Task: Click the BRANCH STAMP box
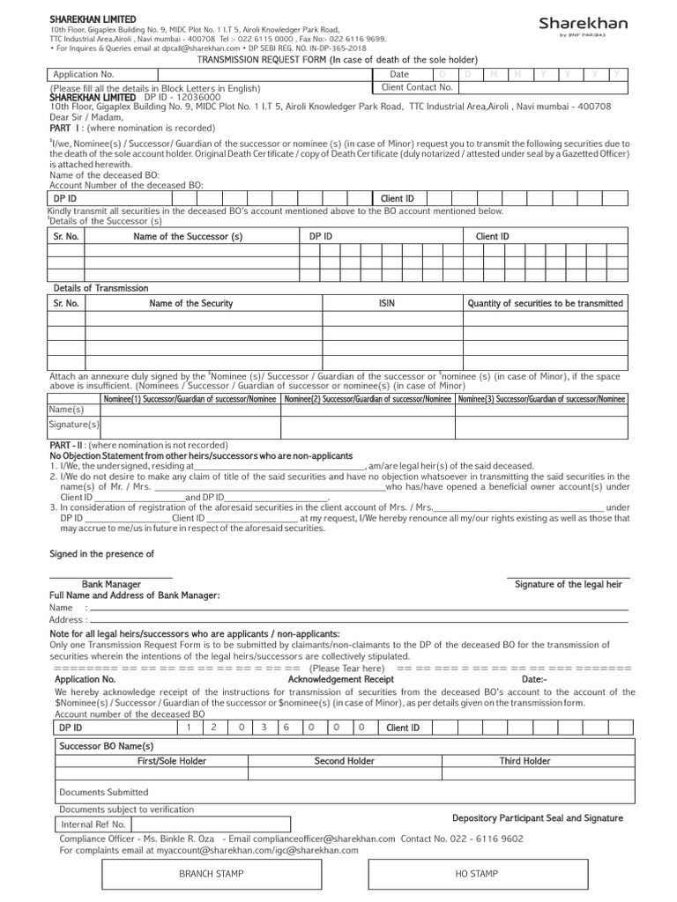[x=212, y=873]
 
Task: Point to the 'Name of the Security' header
[x=191, y=303]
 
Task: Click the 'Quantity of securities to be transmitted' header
[x=545, y=303]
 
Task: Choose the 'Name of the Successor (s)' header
[x=188, y=236]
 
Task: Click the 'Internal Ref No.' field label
[x=93, y=824]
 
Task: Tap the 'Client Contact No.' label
[x=417, y=88]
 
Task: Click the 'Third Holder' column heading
[x=524, y=761]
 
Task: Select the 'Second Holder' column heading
[x=344, y=761]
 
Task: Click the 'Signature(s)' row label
[x=74, y=425]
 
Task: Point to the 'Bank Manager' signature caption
[x=112, y=584]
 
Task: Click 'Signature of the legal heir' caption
[x=569, y=584]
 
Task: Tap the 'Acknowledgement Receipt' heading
[x=341, y=680]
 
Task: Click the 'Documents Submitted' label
[x=104, y=792]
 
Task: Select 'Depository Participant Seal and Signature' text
[x=538, y=818]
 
